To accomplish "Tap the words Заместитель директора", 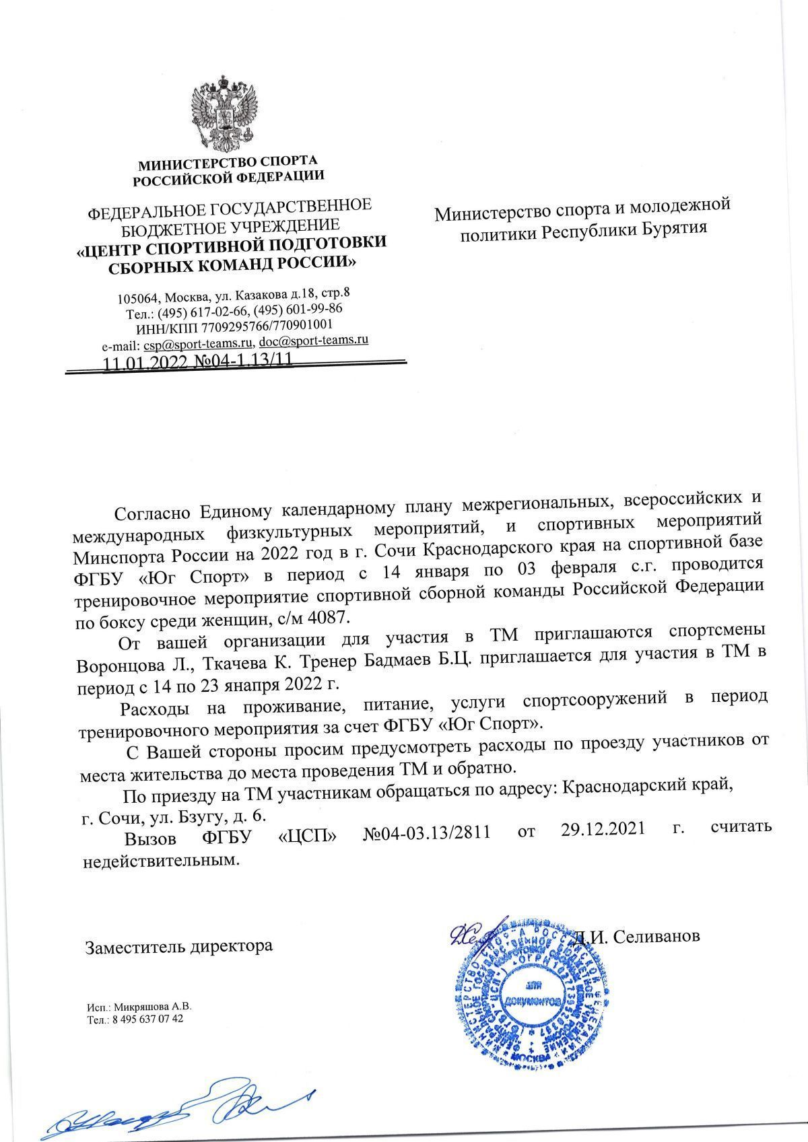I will coord(178,946).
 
